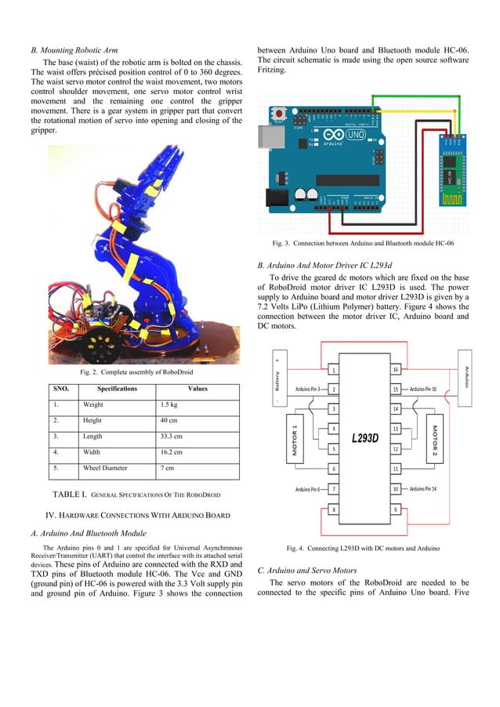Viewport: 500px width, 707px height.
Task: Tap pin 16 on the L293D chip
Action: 396,369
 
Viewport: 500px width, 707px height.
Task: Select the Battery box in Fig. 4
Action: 278,379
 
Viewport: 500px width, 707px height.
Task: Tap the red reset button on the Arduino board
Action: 278,115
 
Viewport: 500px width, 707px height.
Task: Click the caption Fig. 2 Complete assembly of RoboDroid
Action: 132,372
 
